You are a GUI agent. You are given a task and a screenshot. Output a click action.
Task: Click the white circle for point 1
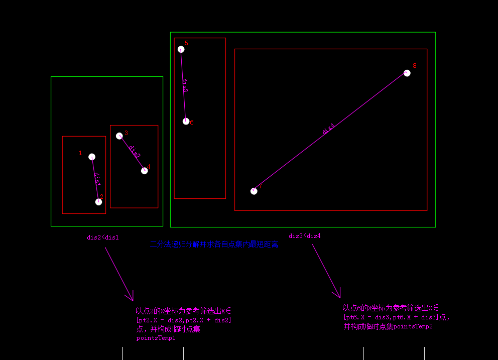pos(92,157)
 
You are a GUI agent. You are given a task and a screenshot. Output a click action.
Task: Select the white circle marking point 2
pos(98,202)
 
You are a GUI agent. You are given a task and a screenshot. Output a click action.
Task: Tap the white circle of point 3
pos(119,136)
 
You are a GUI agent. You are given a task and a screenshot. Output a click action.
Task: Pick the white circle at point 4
pos(145,171)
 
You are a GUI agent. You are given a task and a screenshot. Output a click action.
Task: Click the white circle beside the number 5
pos(181,49)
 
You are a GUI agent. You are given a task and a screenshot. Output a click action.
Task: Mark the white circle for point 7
pos(254,191)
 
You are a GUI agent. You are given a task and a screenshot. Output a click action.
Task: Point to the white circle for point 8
pos(407,73)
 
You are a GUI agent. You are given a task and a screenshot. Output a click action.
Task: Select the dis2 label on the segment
pos(134,152)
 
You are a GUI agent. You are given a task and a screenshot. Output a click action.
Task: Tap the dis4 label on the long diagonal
pos(328,130)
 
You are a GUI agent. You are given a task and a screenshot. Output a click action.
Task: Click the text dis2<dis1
pos(103,237)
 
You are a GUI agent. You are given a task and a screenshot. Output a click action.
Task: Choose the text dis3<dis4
pos(305,236)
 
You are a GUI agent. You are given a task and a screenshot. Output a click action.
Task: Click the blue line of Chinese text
pos(214,245)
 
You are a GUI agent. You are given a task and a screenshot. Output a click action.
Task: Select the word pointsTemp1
pos(156,338)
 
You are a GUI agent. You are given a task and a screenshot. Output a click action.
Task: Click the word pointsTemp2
pos(413,326)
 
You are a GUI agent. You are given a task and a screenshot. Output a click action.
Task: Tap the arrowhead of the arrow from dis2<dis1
pos(132,298)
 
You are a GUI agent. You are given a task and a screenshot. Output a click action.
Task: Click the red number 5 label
pos(186,43)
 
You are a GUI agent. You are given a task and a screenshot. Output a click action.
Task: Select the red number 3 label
pos(126,133)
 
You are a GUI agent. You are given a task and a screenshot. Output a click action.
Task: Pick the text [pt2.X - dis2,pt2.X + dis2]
pos(184,320)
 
